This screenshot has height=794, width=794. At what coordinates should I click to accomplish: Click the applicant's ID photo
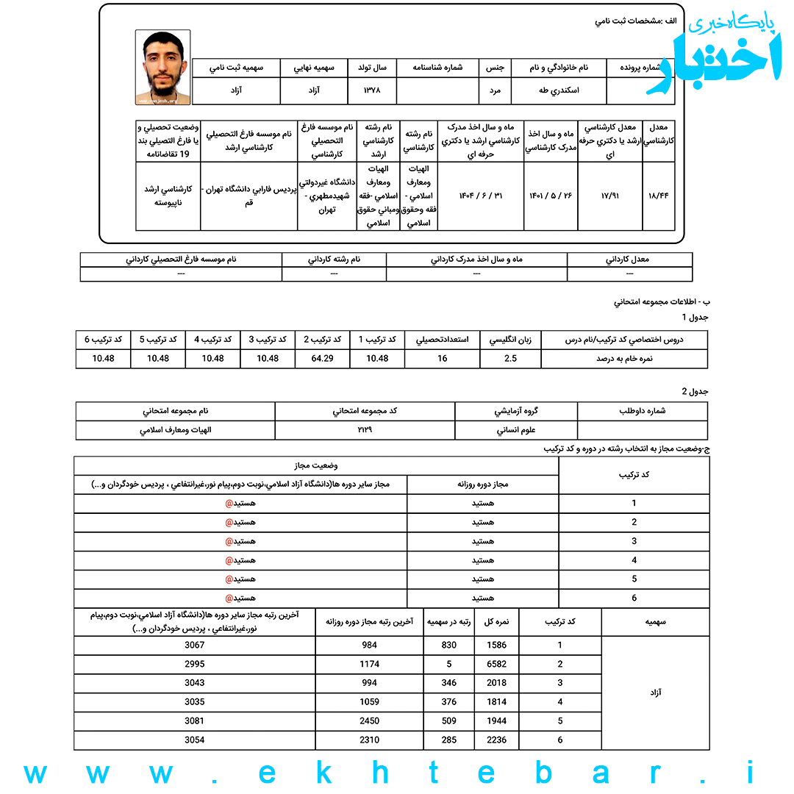click(x=162, y=68)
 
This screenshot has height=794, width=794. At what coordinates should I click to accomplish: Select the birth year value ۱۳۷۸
click(x=373, y=91)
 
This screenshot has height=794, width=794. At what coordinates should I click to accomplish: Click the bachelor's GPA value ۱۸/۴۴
click(x=659, y=196)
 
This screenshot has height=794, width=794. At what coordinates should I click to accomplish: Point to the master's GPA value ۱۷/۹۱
click(x=609, y=196)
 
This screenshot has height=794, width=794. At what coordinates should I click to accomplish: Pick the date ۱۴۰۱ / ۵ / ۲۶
click(x=551, y=196)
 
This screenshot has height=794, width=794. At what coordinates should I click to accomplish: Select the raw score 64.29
click(x=323, y=359)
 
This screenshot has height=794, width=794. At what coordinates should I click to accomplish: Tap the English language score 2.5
click(x=510, y=359)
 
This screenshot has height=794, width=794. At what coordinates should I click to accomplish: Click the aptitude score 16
click(x=442, y=359)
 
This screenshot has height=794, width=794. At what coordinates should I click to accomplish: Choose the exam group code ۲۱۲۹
click(x=365, y=430)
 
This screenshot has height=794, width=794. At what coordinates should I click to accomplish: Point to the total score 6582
click(x=497, y=664)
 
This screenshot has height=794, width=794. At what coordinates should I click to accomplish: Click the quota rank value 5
click(x=448, y=664)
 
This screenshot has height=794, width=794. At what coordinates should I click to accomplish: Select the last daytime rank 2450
click(x=370, y=721)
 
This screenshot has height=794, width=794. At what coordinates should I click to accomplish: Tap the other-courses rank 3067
click(x=194, y=645)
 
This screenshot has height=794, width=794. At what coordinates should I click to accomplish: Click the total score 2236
click(x=497, y=740)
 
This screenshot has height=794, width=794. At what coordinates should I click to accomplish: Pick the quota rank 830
click(x=448, y=645)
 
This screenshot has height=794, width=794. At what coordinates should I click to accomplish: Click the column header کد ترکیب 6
click(x=103, y=340)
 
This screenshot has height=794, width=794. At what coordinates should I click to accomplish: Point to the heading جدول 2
click(x=695, y=391)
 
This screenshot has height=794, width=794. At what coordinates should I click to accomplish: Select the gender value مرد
click(x=495, y=91)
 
